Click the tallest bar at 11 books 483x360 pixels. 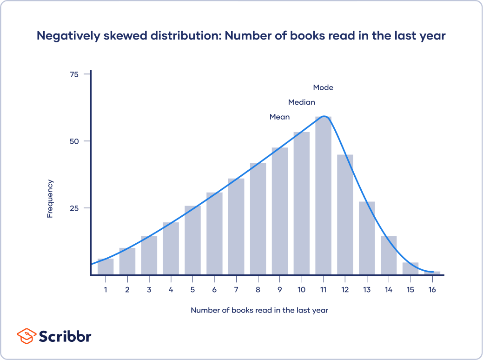[323, 195]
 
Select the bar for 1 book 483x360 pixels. [106, 267]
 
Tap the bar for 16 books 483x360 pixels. [432, 273]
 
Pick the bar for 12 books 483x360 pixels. [345, 214]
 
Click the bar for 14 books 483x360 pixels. [389, 255]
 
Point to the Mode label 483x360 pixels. [323, 87]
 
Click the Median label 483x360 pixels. [301, 102]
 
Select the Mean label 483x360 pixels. [279, 117]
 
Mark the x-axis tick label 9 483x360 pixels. [280, 290]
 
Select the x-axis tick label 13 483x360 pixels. [367, 290]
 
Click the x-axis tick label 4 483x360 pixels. [171, 290]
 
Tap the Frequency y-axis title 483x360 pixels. [50, 199]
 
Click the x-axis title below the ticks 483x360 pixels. [259, 310]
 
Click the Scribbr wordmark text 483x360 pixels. [65, 336]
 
